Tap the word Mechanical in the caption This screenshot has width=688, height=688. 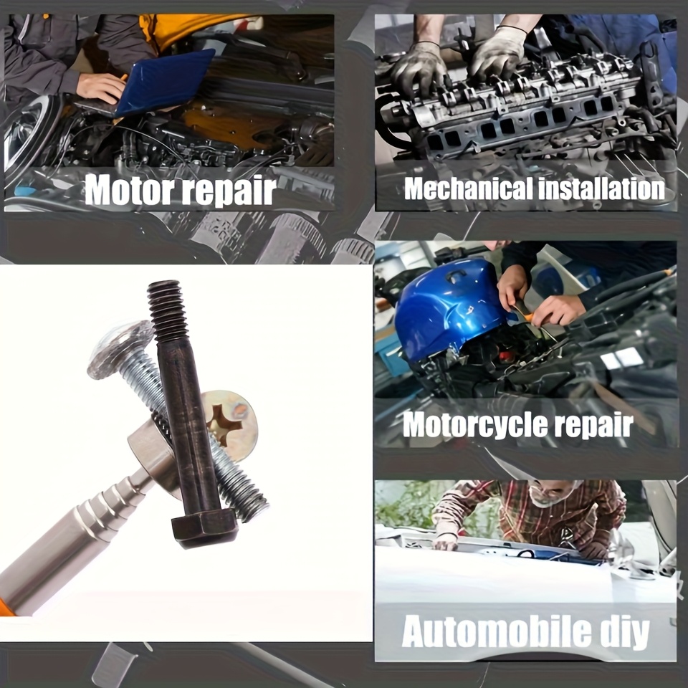click(468, 188)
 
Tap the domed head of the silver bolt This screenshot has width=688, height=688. click(120, 349)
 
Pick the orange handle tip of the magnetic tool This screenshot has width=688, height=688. click(5, 608)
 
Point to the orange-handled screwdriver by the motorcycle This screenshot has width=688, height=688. click(527, 312)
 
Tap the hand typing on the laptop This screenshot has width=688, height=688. click(101, 87)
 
